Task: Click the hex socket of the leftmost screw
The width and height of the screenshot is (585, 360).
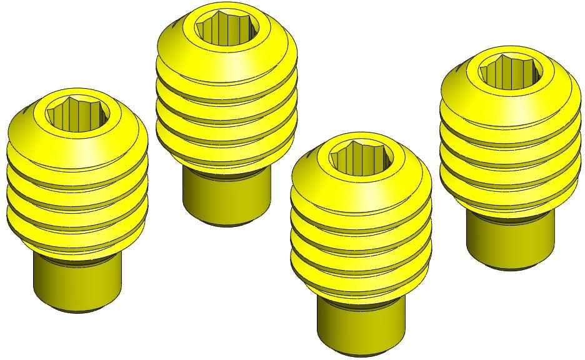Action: pos(78,113)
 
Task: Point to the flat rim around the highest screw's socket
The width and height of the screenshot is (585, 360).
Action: pos(226,42)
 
